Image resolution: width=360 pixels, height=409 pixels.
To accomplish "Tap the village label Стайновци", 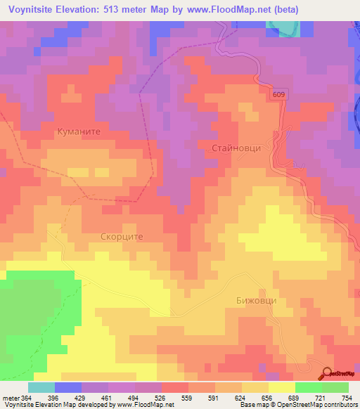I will [x=236, y=148].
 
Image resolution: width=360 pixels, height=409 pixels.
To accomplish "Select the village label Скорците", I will [x=122, y=237].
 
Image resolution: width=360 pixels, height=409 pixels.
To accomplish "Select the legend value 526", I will [x=162, y=398].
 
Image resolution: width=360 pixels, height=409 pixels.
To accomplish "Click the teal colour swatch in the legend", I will [x=41, y=387].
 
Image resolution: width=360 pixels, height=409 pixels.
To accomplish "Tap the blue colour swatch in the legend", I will [x=67, y=387].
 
